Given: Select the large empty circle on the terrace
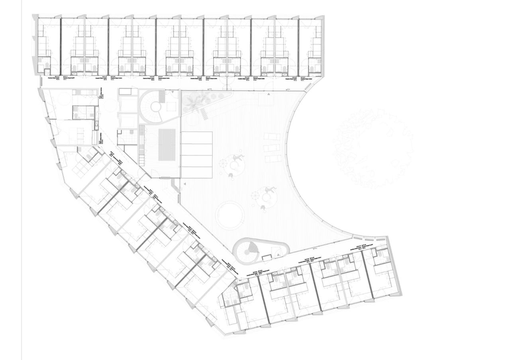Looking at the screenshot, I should click(x=229, y=215).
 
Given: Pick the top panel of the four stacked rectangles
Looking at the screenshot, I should click(x=196, y=138).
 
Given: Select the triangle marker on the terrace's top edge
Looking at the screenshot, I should click(x=269, y=94).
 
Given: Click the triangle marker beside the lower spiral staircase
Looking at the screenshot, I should click(x=275, y=254).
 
